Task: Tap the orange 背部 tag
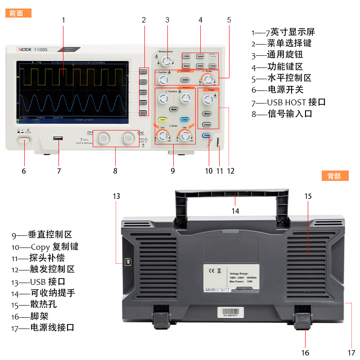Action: coord(335,176)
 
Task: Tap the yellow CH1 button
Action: coord(162,120)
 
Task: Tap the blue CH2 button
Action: coord(184,120)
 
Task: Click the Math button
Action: coord(174,109)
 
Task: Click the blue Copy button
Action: coord(207,135)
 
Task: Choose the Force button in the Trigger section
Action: coord(207,124)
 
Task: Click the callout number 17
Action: coord(351,352)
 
